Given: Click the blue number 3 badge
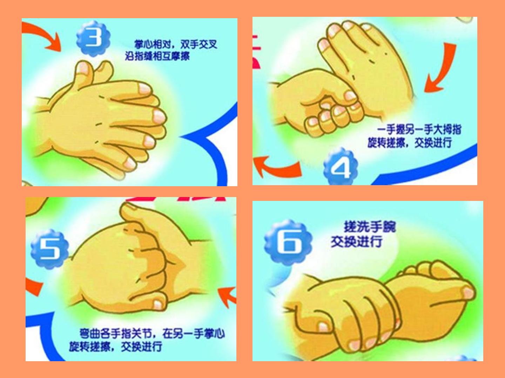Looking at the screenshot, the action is (x=93, y=38).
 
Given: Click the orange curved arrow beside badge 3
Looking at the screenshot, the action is (x=46, y=37).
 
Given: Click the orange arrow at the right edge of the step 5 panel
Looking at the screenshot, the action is (x=227, y=296).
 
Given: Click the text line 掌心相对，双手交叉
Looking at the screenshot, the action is (x=176, y=44).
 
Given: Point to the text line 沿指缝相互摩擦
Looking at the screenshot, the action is (x=157, y=56).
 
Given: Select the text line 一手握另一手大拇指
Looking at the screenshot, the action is (x=419, y=129).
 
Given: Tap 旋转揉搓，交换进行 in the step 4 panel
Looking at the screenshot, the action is (x=410, y=143).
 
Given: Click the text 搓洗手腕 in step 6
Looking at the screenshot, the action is (x=370, y=227).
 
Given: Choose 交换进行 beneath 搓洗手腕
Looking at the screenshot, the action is (x=357, y=241).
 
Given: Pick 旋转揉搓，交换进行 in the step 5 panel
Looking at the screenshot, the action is (x=115, y=346).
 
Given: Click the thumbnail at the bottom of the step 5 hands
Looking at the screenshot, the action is (x=158, y=304).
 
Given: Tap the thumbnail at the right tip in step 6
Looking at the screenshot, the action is (x=468, y=293).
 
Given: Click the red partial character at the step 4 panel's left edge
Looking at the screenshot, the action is (x=256, y=52).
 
